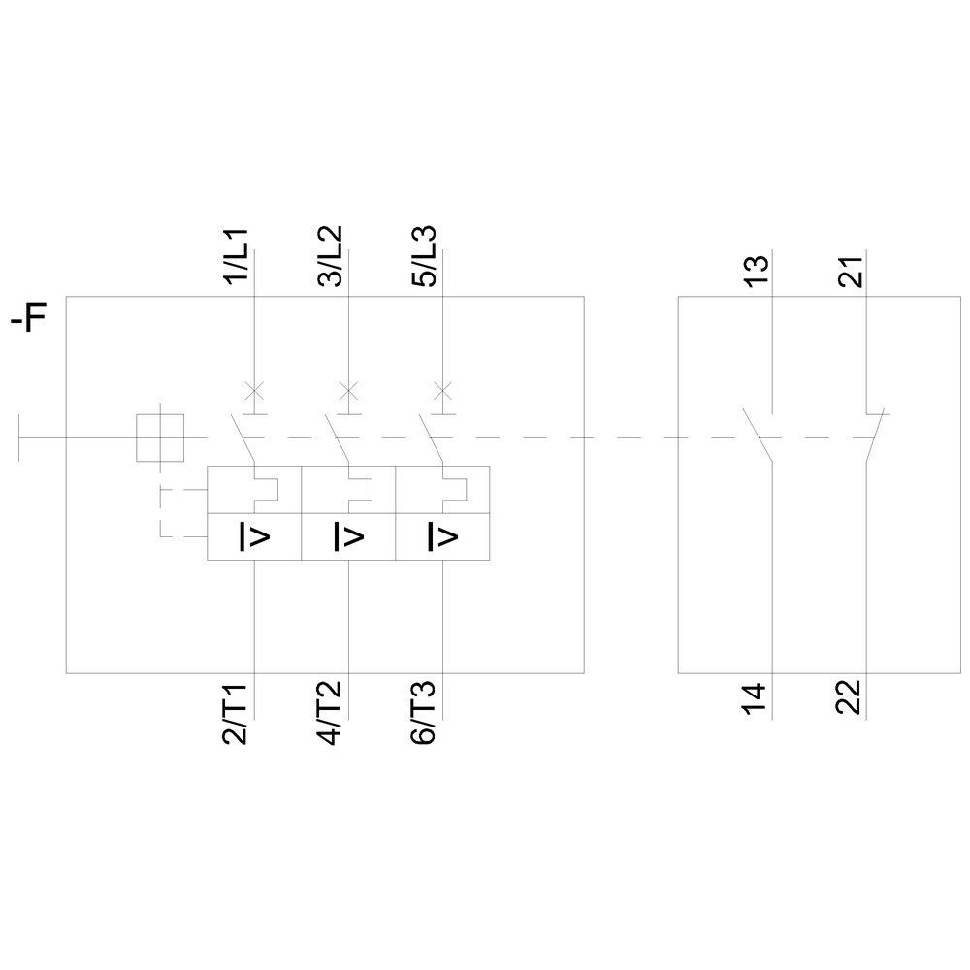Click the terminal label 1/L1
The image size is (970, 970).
pyautogui.click(x=238, y=257)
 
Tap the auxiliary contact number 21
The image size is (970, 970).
pyautogui.click(x=851, y=267)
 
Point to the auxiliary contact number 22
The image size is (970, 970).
pyautogui.click(x=851, y=698)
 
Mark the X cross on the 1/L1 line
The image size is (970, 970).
pyautogui.click(x=253, y=391)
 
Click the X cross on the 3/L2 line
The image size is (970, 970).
pyautogui.click(x=347, y=391)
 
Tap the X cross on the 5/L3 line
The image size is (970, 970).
pyautogui.click(x=441, y=391)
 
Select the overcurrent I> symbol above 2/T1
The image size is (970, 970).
pyautogui.click(x=254, y=536)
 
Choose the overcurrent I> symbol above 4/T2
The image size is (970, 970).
pyautogui.click(x=348, y=536)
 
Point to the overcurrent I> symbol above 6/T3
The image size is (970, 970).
pyautogui.click(x=442, y=536)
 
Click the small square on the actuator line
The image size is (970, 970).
pyautogui.click(x=160, y=437)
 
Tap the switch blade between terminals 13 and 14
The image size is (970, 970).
pyautogui.click(x=757, y=436)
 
